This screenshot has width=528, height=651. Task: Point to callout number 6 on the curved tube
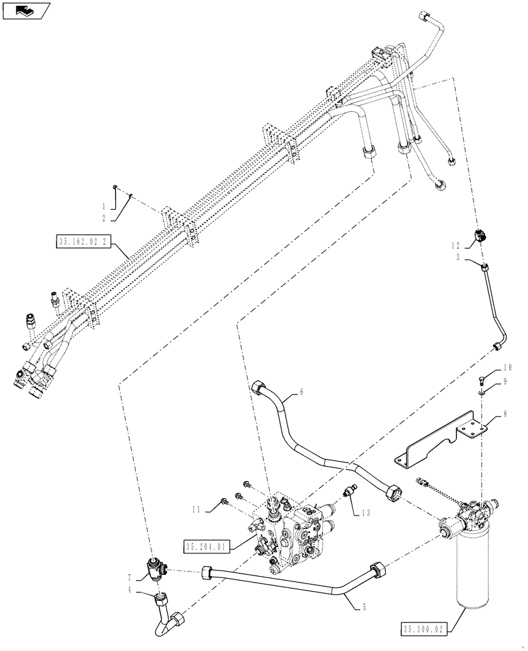(x=301, y=393)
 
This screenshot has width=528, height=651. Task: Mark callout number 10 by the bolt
(x=507, y=368)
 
